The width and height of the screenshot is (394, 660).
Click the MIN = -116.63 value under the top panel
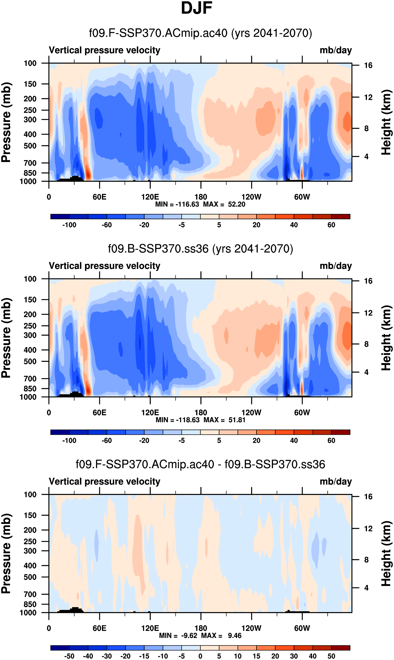coord(177,204)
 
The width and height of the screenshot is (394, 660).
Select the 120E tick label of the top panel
coord(150,197)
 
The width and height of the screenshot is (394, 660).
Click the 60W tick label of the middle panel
coord(302,413)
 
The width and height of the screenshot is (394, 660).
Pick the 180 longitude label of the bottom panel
coord(201,628)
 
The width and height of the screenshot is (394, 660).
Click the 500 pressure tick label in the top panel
coord(30,146)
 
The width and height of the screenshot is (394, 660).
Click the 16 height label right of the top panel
coord(368,65)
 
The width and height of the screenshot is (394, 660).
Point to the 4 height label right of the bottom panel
coord(366,588)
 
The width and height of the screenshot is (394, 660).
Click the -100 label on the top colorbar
coord(69,225)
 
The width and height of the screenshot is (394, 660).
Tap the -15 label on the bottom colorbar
coord(144,656)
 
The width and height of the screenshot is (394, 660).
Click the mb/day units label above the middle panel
coord(335,266)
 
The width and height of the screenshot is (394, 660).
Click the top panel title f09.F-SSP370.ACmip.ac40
coord(201,33)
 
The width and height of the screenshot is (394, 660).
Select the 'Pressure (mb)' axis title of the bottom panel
coord(6,554)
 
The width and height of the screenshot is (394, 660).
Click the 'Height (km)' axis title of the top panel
coord(386,122)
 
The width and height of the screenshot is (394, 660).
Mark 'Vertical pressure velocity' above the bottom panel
coord(105,482)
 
